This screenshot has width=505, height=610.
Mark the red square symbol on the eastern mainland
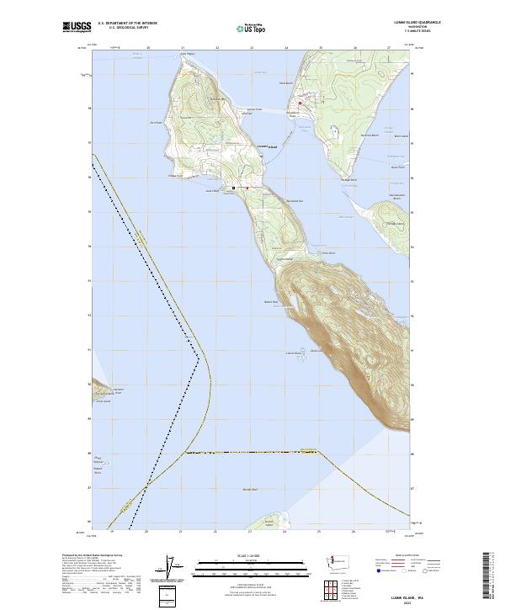tap(300, 103)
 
